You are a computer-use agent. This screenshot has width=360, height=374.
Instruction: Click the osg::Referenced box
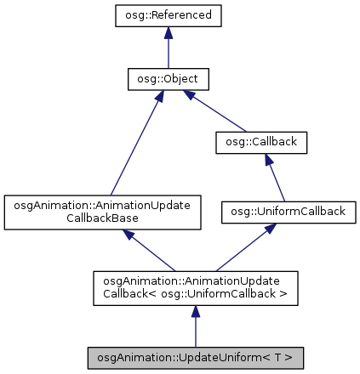pyautogui.click(x=169, y=16)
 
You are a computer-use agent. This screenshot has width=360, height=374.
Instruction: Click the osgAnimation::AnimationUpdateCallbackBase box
pyautogui.click(x=102, y=212)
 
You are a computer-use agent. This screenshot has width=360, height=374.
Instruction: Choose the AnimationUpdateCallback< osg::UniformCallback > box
pyautogui.click(x=196, y=288)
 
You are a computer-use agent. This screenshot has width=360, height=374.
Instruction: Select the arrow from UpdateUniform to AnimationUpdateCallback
pyautogui.click(x=196, y=327)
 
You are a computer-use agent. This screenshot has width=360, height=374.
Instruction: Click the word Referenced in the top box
pyautogui.click(x=181, y=16)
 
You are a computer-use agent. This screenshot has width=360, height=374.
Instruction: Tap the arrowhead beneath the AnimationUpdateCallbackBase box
pyautogui.click(x=131, y=238)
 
